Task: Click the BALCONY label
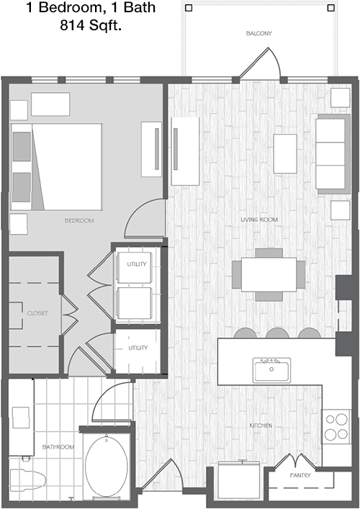258,33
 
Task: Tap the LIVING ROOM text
259,220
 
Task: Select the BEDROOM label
79,221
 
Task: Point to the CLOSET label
37,313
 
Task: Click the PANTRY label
300,475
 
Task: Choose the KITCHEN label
261,425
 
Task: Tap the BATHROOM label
58,447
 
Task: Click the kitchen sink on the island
271,370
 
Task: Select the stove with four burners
336,426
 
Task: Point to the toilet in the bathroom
27,479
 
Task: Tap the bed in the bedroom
56,166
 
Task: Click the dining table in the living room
269,274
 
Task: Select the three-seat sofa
333,154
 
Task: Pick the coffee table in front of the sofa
285,153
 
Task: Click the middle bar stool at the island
277,333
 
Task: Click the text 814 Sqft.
91,25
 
